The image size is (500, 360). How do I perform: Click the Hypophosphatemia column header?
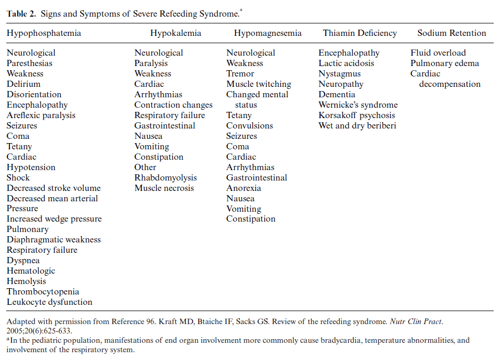coord(44,33)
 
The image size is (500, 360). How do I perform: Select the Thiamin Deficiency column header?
coord(360,33)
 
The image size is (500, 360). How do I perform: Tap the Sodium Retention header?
coord(452,33)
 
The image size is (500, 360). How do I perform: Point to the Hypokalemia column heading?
coord(176,33)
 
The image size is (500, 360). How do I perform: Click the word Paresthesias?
coord(30,63)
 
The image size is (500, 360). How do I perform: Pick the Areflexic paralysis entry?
coord(41,115)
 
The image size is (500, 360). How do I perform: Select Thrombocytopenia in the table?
coord(43,292)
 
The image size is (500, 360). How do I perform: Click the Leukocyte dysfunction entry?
coord(49,302)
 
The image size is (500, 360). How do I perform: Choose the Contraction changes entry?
coord(173,105)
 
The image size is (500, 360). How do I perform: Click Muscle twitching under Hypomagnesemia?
coord(259,84)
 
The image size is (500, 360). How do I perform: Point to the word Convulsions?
coord(250,126)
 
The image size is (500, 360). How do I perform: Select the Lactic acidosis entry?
coord(346,63)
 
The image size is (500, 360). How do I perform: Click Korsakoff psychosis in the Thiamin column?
coord(356,115)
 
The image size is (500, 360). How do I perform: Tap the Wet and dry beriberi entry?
coord(356,126)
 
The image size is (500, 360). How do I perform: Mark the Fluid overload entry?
coord(438,53)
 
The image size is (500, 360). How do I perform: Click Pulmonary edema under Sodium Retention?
coord(445,63)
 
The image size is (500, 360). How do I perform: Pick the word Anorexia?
coord(243,188)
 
